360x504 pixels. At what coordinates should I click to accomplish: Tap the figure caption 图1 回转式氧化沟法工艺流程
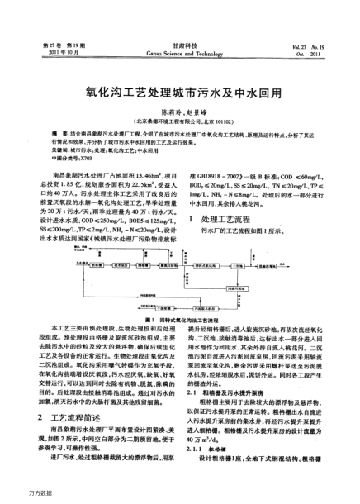tap(180, 319)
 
